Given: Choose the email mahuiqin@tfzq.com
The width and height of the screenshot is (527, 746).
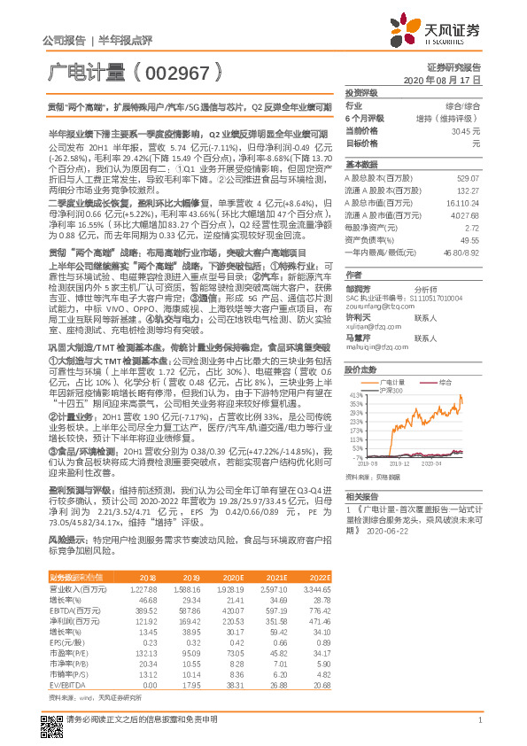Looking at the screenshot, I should pos(373,349).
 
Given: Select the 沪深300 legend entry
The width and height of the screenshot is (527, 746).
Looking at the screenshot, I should pos(391,389).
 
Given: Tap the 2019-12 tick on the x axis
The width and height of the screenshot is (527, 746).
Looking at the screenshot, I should pos(400,462).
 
